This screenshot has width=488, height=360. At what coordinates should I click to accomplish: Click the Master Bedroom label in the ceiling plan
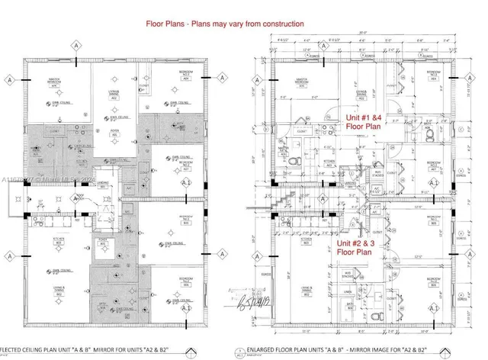pos(55,83)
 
